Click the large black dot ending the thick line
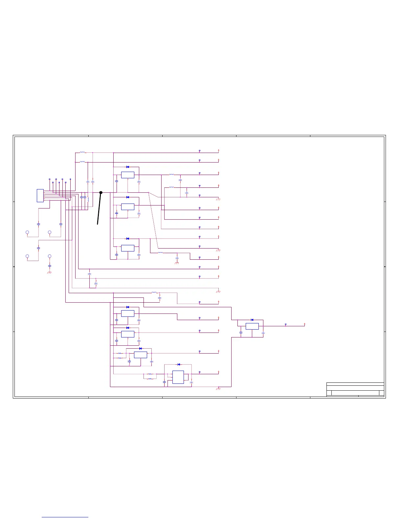[101, 193]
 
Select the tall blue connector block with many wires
[40, 195]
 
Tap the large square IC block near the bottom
[178, 377]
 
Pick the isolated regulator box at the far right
[252, 326]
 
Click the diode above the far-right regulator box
[252, 320]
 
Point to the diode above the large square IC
[179, 364]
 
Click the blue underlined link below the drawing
[65, 517]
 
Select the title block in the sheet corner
[355, 389]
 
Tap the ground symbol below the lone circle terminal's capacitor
[50, 272]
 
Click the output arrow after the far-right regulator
[305, 324]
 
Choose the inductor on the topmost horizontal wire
[82, 152]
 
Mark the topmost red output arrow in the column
[218, 151]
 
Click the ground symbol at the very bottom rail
[218, 389]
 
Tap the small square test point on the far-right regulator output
[285, 324]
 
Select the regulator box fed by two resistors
[141, 355]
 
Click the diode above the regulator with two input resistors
[141, 349]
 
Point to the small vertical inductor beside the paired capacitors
[88, 199]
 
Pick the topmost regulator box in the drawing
[127, 175]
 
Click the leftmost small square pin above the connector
[50, 179]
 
